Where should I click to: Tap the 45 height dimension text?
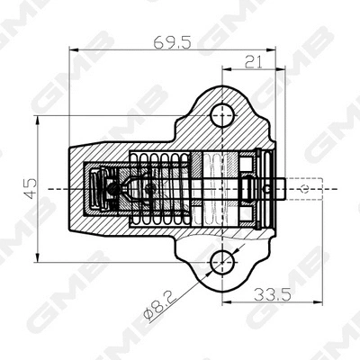[x=30, y=188]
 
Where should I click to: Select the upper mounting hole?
[x=221, y=113]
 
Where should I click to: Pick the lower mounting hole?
[x=221, y=263]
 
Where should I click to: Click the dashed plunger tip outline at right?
[x=302, y=188]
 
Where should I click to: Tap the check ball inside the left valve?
[x=112, y=188]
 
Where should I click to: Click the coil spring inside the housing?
[x=162, y=188]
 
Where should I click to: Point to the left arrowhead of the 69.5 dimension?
[x=69, y=49]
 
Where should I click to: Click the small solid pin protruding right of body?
[x=277, y=188]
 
